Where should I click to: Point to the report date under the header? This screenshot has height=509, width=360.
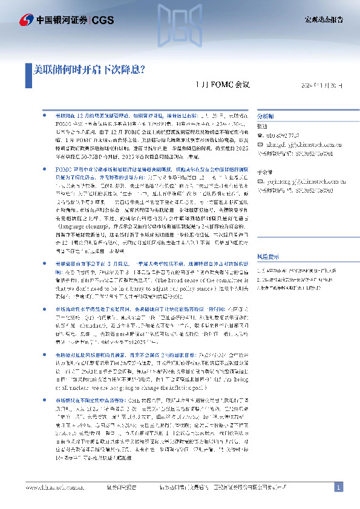pos(322,86)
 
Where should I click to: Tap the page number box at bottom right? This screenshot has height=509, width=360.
pos(339,487)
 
